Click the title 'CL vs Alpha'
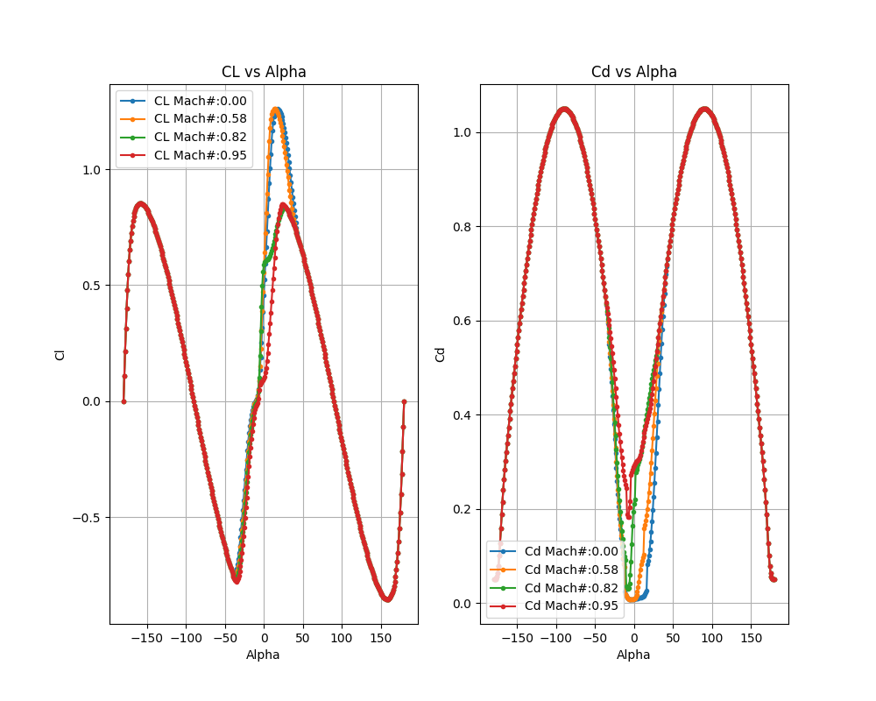pyautogui.click(x=263, y=72)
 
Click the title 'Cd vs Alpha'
pyautogui.click(x=633, y=72)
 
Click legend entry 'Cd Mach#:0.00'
pyautogui.click(x=571, y=551)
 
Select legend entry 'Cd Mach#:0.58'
pyautogui.click(x=571, y=570)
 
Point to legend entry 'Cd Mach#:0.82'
pyautogui.click(x=571, y=587)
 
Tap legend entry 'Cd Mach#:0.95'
pyautogui.click(x=571, y=605)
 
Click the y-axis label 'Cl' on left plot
pyautogui.click(x=60, y=354)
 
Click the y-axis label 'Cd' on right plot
pyautogui.click(x=440, y=354)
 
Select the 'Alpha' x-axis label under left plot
pyautogui.click(x=263, y=655)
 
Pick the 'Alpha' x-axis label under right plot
pyautogui.click(x=633, y=655)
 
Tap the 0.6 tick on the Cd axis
pyautogui.click(x=463, y=321)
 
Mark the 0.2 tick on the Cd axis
pyautogui.click(x=463, y=509)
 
